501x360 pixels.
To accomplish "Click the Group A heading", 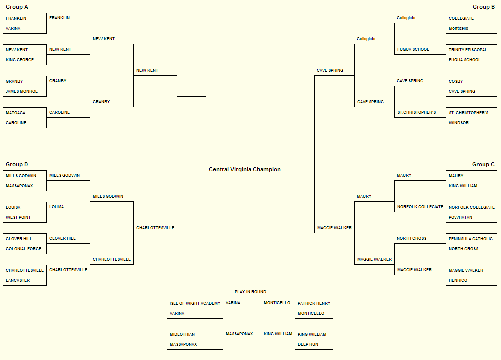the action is point(17,7).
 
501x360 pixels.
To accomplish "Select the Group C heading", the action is point(483,164).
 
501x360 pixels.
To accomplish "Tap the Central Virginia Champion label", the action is point(245,169).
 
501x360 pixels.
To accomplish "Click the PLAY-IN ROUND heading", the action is point(251,292).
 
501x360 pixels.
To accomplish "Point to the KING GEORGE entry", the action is point(20,60).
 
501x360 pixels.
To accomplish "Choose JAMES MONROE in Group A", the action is point(21,91).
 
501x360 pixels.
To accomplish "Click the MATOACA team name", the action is point(15,113).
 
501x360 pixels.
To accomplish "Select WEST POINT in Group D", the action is point(18,217).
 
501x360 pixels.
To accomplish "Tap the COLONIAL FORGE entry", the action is point(23,249).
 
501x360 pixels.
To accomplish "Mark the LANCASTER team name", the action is point(18,280).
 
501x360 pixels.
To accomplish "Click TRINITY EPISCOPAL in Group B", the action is point(468,50).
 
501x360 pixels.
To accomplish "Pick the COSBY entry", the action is point(456,81).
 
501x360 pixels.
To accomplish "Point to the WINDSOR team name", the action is point(459,123).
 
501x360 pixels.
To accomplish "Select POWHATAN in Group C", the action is point(460,217).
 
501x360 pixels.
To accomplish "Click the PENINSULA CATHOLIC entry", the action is point(471,239).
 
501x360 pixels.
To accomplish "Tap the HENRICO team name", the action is point(458,280).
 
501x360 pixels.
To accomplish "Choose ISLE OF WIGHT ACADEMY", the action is point(195,303).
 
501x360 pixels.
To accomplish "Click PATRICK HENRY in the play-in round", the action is point(314,303).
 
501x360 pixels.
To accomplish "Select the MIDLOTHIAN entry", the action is point(182,334).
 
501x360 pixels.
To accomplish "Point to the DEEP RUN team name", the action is point(308,344).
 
